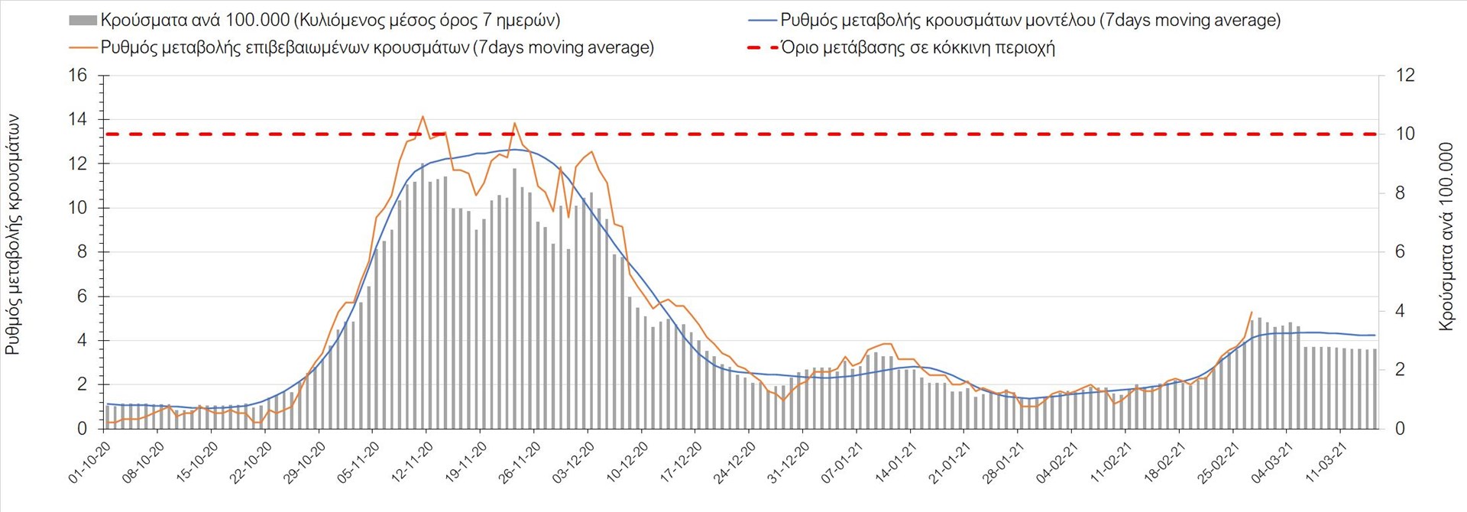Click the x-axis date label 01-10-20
[90, 463]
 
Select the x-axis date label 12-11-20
[413, 463]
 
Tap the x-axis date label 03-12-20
[574, 463]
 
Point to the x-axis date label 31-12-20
[789, 463]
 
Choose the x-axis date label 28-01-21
[1003, 463]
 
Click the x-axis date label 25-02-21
[1219, 463]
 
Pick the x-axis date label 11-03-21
[1326, 463]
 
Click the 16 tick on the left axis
[78, 76]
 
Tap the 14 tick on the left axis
[78, 120]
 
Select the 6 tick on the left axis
[83, 297]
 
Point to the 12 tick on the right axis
[1405, 76]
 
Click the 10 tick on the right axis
[1405, 134]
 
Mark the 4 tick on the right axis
[1401, 311]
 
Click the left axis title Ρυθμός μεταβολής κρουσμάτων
[13, 235]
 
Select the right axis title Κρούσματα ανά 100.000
[1446, 237]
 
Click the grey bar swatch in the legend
[83, 21]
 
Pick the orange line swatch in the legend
[83, 48]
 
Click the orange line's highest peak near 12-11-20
[423, 116]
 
